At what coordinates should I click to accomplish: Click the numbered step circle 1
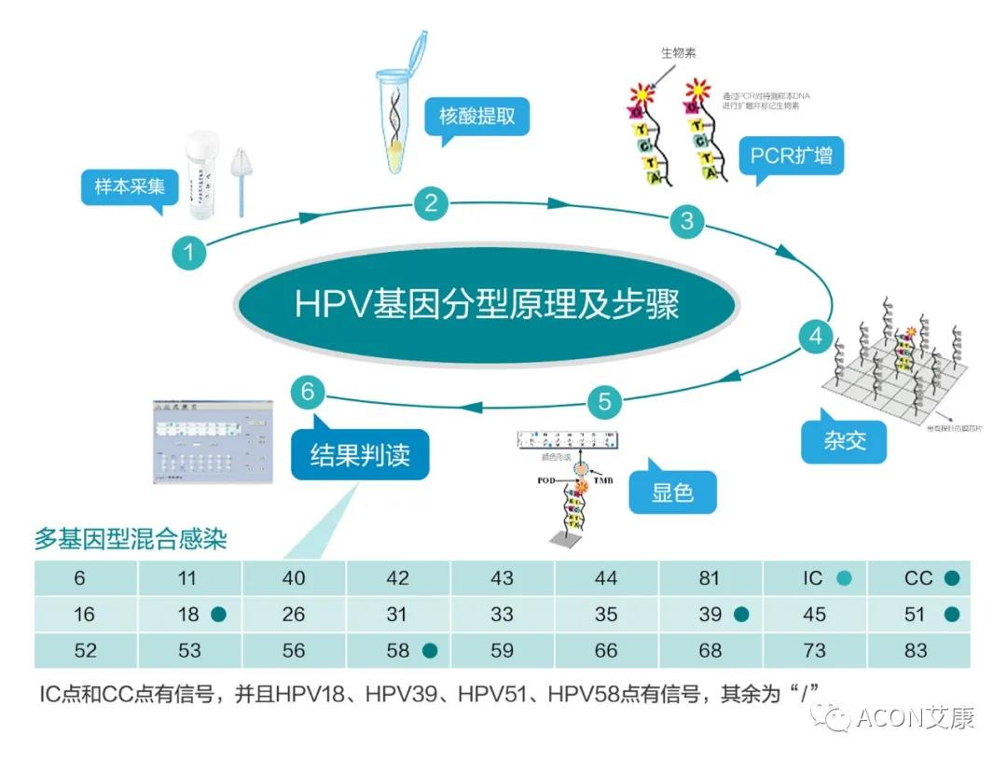[189, 251]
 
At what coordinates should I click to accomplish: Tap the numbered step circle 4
[816, 336]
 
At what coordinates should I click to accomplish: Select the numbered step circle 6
[307, 392]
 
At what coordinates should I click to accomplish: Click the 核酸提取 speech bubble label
[476, 118]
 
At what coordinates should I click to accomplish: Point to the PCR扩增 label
[792, 156]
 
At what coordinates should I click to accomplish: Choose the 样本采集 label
[129, 187]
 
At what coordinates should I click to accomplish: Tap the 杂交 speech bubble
[845, 439]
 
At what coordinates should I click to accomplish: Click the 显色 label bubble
[672, 492]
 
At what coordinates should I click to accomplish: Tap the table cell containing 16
[86, 615]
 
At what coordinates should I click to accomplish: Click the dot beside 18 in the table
[218, 615]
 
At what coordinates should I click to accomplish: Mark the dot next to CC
[951, 578]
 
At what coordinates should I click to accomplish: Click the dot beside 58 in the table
[429, 651]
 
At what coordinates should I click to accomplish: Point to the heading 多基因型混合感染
[131, 539]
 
